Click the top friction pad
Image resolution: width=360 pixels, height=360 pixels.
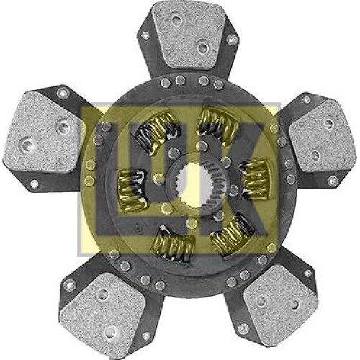coord(189,35)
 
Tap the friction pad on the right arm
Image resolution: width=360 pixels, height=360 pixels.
coord(322,136)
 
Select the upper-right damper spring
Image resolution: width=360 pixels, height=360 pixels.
coord(217,126)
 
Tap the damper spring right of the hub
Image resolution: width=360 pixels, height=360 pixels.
coord(255,179)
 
